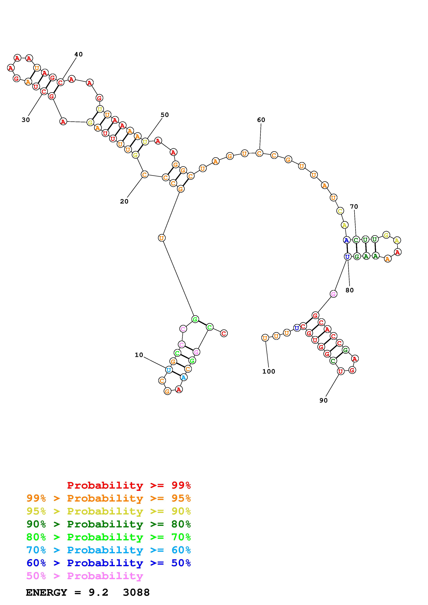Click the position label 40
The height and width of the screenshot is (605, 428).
coord(78,54)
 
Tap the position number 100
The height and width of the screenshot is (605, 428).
coord(268,371)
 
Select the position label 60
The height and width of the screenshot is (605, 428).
coord(261,120)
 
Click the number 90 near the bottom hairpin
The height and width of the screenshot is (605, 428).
coord(323,400)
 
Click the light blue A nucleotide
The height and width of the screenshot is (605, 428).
coord(184,377)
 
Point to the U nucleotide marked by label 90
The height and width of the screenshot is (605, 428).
coord(340,371)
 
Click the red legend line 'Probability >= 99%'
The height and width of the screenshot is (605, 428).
coord(129,485)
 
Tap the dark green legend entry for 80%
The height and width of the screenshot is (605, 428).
coord(109,524)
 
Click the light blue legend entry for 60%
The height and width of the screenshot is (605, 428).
coord(109,550)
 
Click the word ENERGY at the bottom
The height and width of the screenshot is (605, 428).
coord(46,593)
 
